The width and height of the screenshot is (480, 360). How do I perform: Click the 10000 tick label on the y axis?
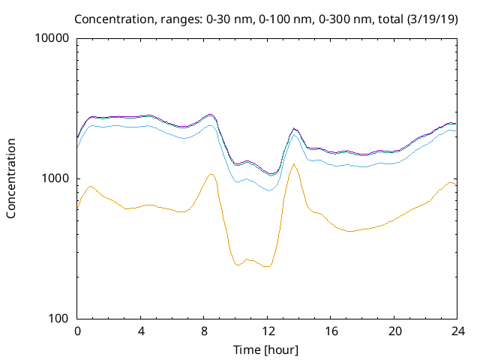coord(52,39)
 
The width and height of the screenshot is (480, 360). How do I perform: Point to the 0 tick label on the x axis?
coord(77,331)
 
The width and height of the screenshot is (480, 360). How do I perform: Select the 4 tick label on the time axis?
coord(141,331)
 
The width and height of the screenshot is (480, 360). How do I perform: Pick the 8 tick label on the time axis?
coord(204,331)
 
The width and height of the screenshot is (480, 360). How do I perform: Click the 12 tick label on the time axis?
coord(268,331)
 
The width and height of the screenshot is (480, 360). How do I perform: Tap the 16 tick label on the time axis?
coord(331,331)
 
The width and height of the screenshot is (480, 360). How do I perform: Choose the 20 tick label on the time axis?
coord(394,331)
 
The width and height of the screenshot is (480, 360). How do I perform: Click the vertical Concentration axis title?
coord(11,178)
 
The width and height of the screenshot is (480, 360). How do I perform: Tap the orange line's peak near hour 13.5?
coord(293,164)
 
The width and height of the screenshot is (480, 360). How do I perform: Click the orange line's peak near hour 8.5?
coord(211,174)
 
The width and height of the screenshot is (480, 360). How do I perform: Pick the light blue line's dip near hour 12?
coord(270,190)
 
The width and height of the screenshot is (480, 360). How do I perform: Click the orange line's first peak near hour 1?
coord(91,186)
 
